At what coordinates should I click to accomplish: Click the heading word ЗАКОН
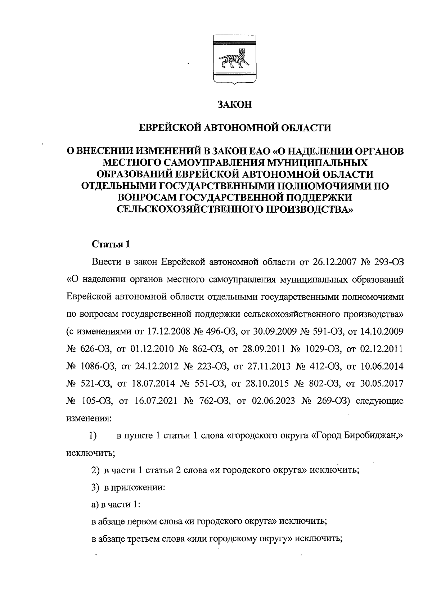click(x=234, y=105)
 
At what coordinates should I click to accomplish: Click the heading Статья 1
click(x=111, y=244)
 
